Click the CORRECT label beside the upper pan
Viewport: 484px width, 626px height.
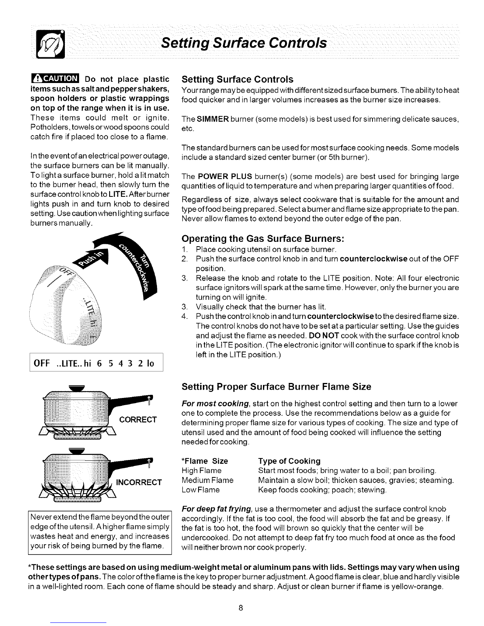(138, 419)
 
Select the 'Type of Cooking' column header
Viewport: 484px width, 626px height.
(289, 461)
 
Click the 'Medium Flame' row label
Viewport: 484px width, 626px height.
(207, 480)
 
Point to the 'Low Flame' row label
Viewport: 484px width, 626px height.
(200, 490)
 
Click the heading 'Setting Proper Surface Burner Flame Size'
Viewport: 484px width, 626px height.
(276, 387)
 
